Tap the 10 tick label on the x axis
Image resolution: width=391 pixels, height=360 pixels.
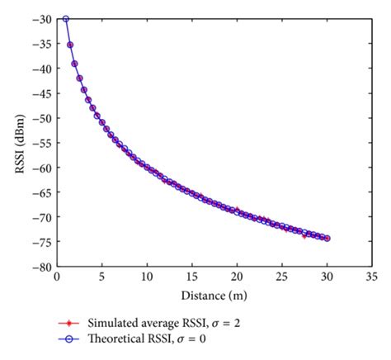147,278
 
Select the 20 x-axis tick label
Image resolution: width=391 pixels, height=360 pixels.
237,278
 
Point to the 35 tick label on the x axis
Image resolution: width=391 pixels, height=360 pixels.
372,278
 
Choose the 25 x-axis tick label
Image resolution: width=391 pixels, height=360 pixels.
282,278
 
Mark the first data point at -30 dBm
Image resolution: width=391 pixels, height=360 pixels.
66,19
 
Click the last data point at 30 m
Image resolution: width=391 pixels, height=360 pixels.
327,239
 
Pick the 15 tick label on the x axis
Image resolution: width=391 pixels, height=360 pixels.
192,278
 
